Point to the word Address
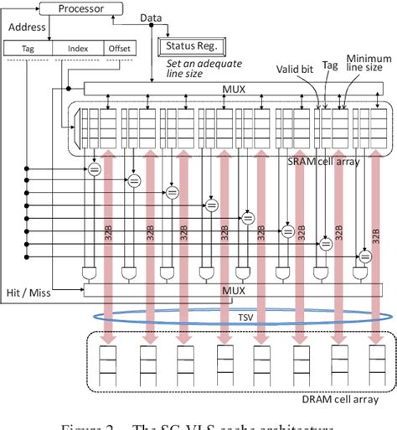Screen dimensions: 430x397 click(x=26, y=27)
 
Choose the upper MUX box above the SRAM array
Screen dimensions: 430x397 click(x=232, y=89)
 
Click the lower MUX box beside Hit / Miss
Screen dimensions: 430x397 click(x=232, y=290)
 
